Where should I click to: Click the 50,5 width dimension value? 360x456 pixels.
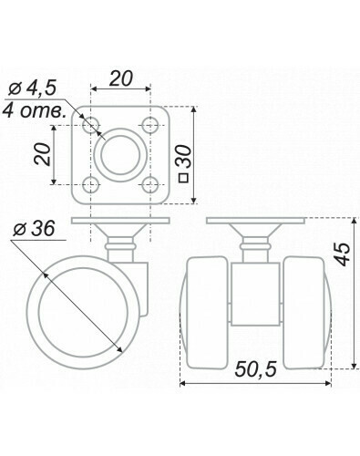coord(255,369)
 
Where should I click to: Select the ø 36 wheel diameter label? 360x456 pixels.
coord(34,229)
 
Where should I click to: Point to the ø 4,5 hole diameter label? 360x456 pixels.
coord(32,88)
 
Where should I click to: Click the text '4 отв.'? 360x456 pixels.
coord(34,111)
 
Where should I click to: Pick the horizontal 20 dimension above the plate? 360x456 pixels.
coord(120,78)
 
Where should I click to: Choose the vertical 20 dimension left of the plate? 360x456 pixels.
coord(42,154)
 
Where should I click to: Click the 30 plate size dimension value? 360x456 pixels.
coord(184,158)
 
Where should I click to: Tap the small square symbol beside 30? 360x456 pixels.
coord(184,178)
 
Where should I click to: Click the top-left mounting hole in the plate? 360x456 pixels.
coord(91,125)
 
